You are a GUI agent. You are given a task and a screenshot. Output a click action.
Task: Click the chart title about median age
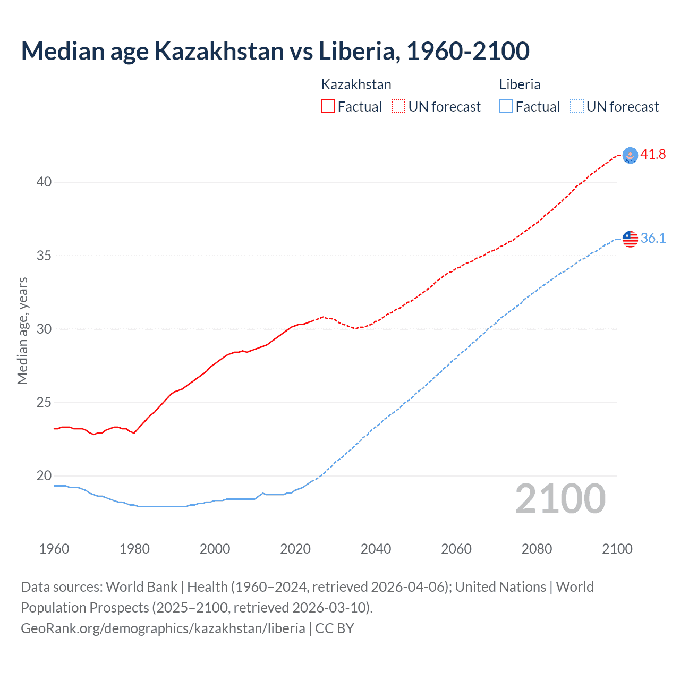[275, 52]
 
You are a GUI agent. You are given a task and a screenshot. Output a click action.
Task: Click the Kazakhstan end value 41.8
[653, 155]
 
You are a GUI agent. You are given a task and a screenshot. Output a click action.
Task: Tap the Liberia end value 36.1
[653, 239]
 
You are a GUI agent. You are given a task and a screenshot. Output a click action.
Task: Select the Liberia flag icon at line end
[630, 239]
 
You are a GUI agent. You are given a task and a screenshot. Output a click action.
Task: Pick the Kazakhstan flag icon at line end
[630, 155]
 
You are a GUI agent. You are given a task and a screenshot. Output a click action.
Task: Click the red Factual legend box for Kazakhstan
[328, 107]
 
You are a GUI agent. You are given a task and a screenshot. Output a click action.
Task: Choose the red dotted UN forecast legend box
[398, 107]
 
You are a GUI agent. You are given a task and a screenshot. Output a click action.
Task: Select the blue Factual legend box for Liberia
[506, 107]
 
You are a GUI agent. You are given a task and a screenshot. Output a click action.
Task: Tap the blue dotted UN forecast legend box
[577, 107]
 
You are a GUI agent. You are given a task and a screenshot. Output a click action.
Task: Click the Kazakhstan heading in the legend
[356, 84]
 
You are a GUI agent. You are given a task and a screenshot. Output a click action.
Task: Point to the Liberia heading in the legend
[520, 84]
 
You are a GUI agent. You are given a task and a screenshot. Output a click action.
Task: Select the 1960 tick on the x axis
[54, 549]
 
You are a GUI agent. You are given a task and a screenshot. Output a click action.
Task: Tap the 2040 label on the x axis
[376, 549]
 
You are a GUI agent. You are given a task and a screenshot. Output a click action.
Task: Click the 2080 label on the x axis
[537, 549]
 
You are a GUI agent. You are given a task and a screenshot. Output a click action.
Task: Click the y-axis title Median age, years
[22, 330]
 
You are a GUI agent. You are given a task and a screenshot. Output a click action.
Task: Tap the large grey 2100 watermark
[560, 499]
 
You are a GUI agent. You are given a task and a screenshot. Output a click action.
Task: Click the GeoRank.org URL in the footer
[163, 628]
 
